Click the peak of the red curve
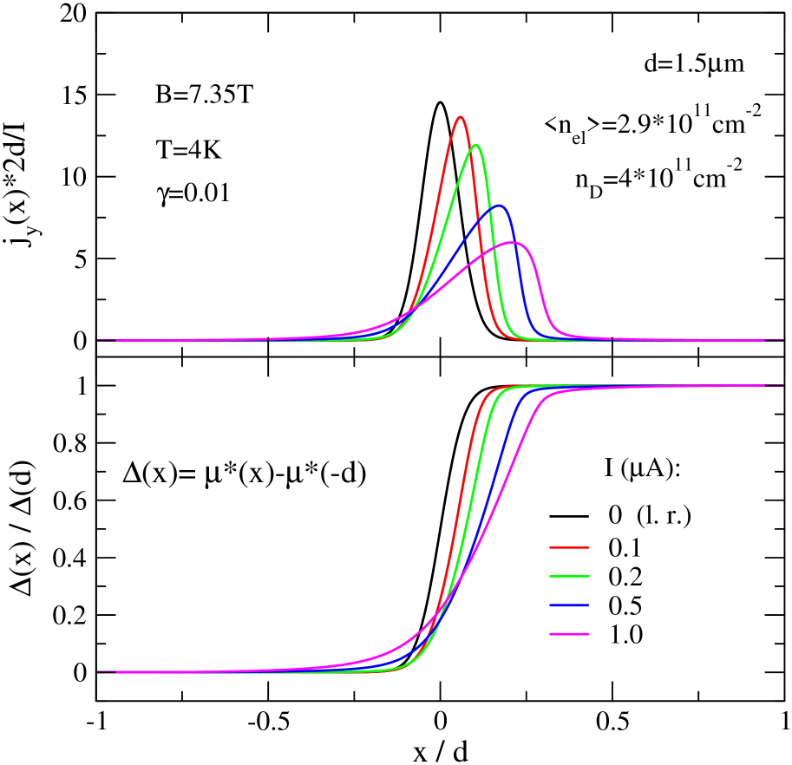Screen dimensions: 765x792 coord(460,116)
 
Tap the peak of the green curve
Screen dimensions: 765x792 coord(475,145)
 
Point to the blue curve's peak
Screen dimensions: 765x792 coord(499,206)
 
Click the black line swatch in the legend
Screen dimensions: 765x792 coord(568,516)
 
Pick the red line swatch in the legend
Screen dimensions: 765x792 coord(568,547)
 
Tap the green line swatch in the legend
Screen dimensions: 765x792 coord(568,577)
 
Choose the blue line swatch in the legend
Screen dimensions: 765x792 coord(568,605)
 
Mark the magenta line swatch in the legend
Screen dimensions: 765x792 coord(568,635)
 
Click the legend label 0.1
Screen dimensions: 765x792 coord(625,547)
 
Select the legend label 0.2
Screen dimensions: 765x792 coord(625,577)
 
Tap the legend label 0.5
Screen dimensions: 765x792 coord(625,605)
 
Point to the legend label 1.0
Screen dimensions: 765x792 coord(625,635)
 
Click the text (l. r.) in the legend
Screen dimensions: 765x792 coord(664,516)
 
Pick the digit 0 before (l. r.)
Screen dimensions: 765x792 coord(615,516)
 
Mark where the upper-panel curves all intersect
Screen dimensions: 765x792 coord(410,310)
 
